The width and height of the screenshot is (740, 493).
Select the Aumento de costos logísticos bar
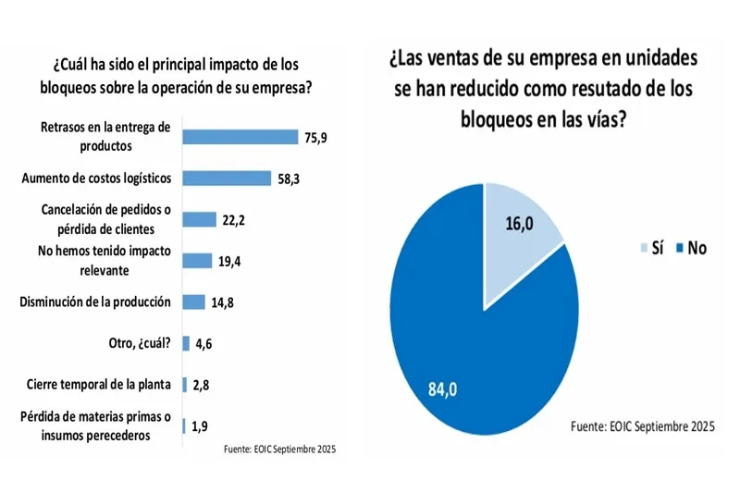pos(227,178)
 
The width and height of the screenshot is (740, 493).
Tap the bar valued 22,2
pos(199,219)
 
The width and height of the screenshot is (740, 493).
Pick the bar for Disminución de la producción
pos(193,302)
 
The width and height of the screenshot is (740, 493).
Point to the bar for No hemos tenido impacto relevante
pos(197,261)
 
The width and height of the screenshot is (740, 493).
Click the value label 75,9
pos(314,138)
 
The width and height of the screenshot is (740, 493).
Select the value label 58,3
pos(287,179)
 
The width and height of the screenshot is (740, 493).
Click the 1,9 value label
pos(200,426)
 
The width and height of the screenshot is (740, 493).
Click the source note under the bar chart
pos(279,450)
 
